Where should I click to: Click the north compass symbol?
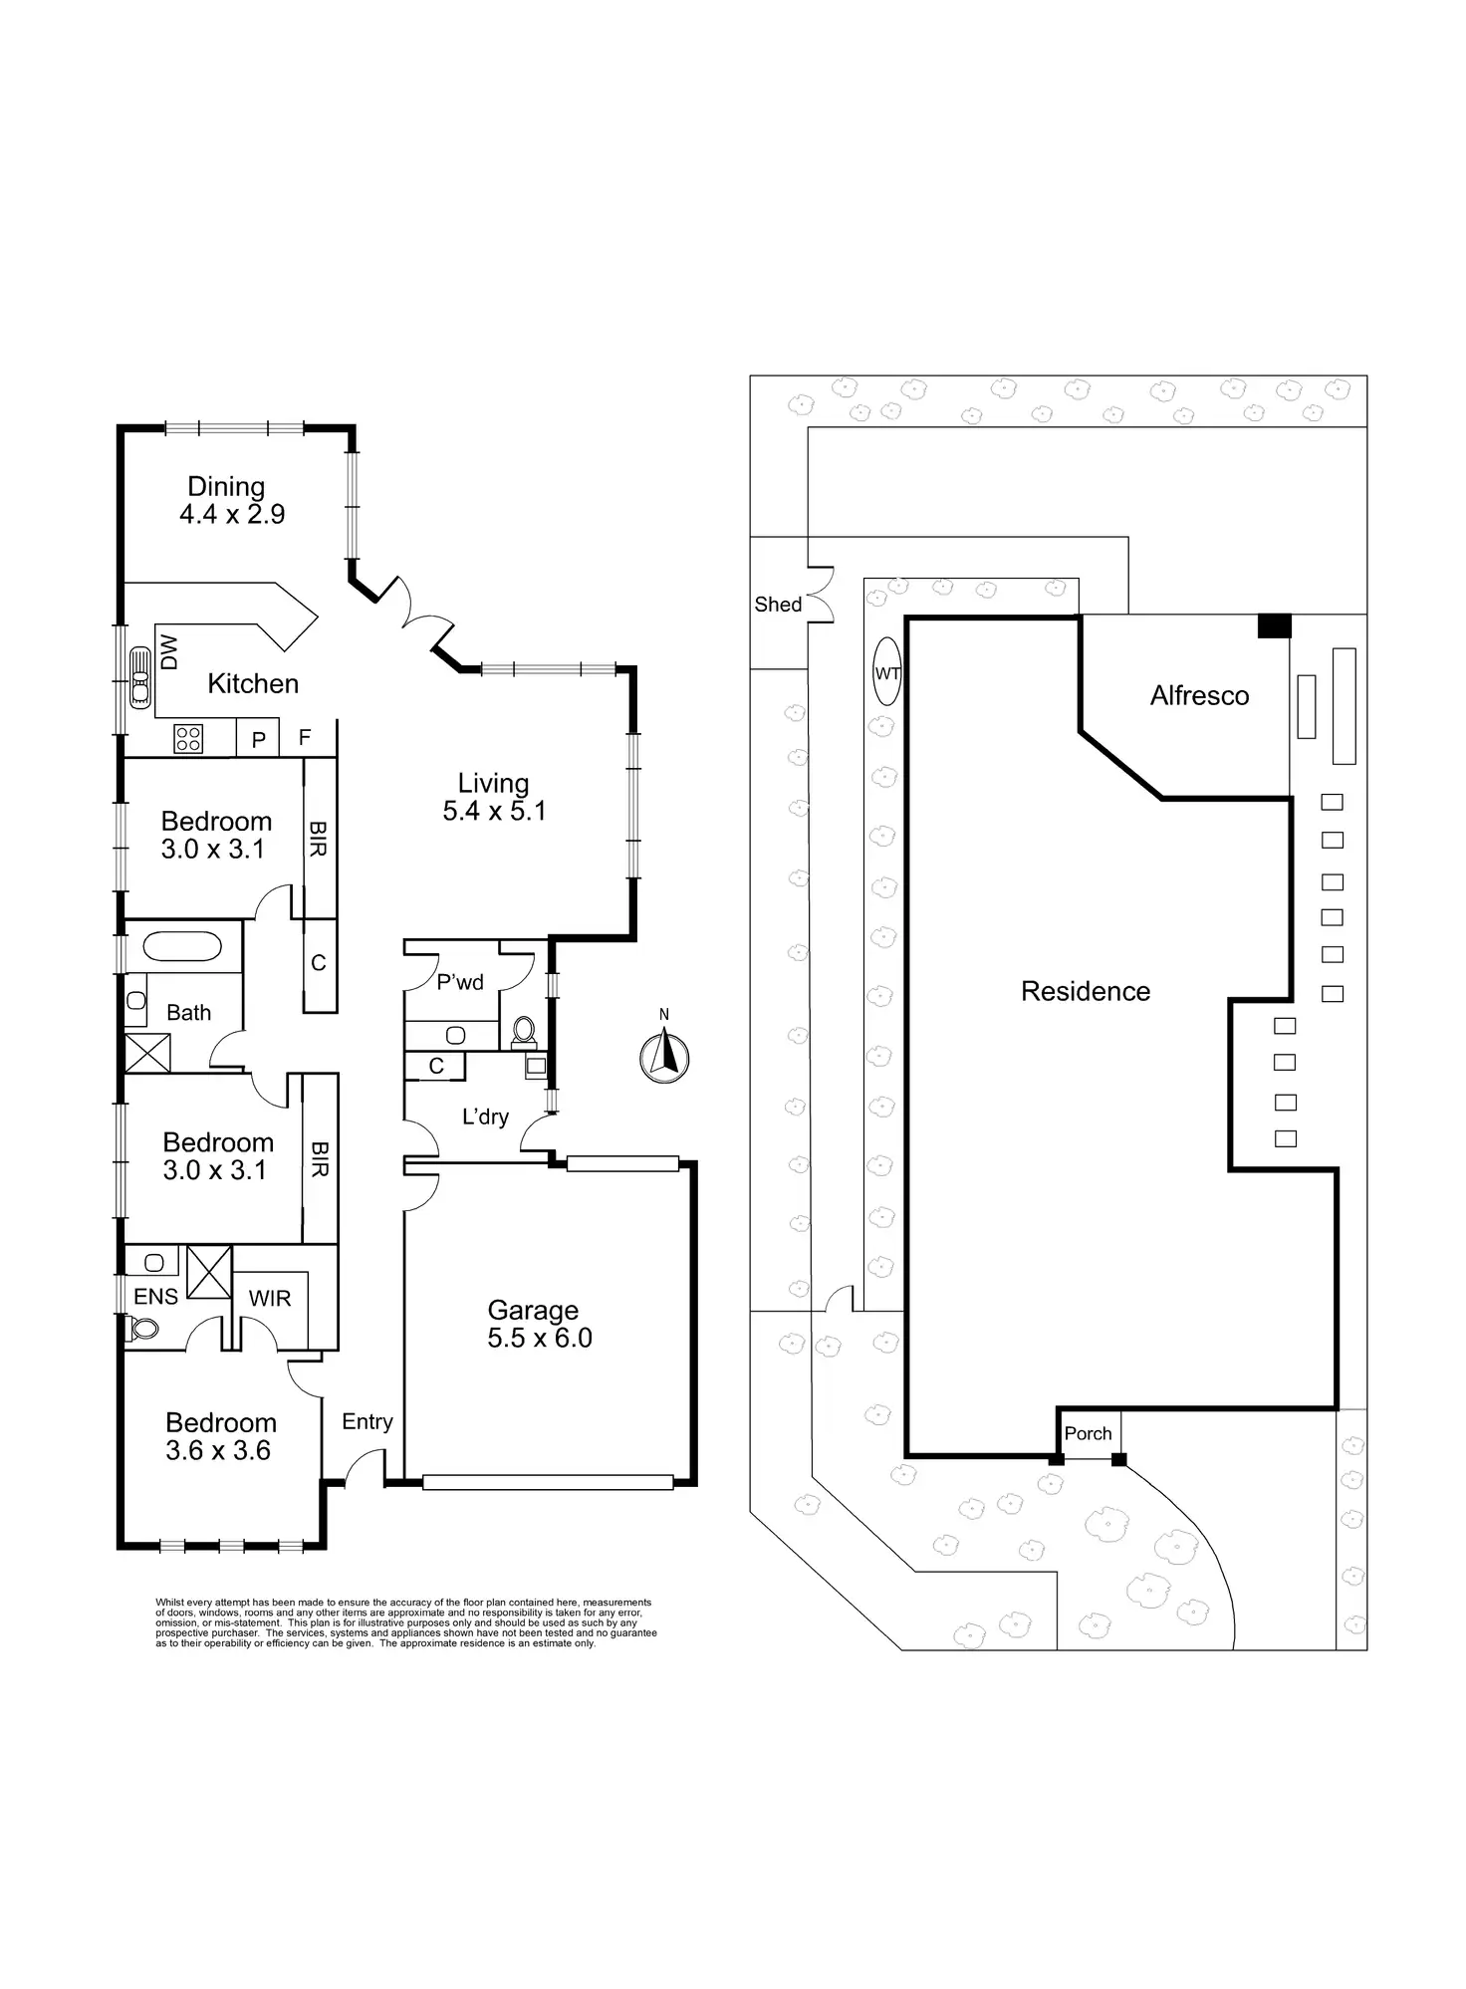pyautogui.click(x=664, y=1056)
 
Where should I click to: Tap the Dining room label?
pyautogui.click(x=227, y=487)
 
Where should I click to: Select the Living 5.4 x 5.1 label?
pyautogui.click(x=494, y=797)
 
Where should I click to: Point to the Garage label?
pyautogui.click(x=533, y=1311)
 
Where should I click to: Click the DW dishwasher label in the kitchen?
pyautogui.click(x=169, y=653)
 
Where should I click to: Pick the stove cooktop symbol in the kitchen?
pyautogui.click(x=188, y=738)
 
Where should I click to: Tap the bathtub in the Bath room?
pyautogui.click(x=183, y=946)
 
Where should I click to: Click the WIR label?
pyautogui.click(x=269, y=1299)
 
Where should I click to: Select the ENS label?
pyautogui.click(x=155, y=1296)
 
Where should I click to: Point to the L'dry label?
pyautogui.click(x=485, y=1117)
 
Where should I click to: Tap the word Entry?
pyautogui.click(x=366, y=1421)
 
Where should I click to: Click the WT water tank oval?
pyautogui.click(x=886, y=673)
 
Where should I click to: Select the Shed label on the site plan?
pyautogui.click(x=778, y=605)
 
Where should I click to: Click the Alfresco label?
pyautogui.click(x=1199, y=695)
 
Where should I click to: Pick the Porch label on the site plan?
pyautogui.click(x=1088, y=1433)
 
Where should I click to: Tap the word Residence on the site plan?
pyautogui.click(x=1086, y=991)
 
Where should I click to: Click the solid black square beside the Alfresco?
pyautogui.click(x=1274, y=625)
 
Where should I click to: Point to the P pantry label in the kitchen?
pyautogui.click(x=259, y=740)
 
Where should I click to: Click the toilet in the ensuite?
pyautogui.click(x=143, y=1328)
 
